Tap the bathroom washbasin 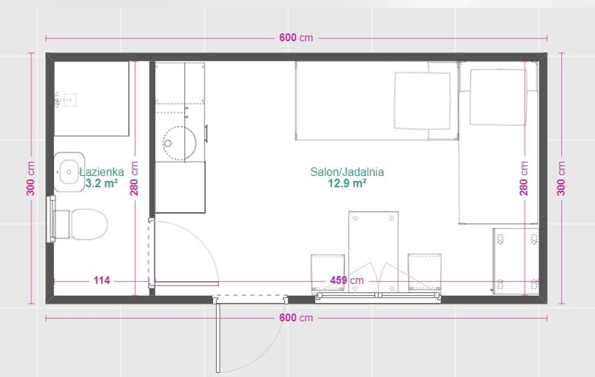point(69,172)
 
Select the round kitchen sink point(179,143)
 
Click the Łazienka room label point(102,172)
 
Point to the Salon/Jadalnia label point(347,172)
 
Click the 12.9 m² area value point(347,183)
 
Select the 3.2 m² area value point(102,183)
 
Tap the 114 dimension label point(102,281)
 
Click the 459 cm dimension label point(347,281)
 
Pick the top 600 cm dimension point(296,38)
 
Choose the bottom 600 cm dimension point(296,318)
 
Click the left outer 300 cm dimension point(31,179)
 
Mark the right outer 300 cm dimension point(561,179)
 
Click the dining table point(373,252)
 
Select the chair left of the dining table point(328,273)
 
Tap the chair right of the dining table point(425,272)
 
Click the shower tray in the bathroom point(92,98)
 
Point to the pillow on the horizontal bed point(422,101)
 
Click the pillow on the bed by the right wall point(498,97)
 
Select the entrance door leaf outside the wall point(218,336)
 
